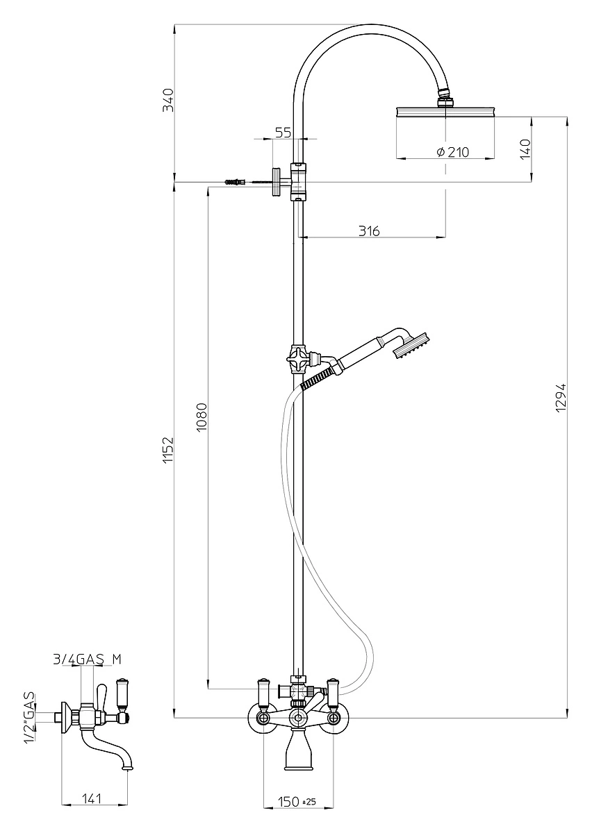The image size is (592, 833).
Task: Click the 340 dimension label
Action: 169,100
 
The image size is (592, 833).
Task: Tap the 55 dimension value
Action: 283,132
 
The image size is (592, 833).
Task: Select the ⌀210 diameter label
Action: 453,152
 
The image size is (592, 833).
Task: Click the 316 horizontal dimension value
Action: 369,231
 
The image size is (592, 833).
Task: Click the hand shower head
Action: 411,344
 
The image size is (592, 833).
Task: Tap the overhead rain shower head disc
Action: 445,112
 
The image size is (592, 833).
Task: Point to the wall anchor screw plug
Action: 236,182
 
